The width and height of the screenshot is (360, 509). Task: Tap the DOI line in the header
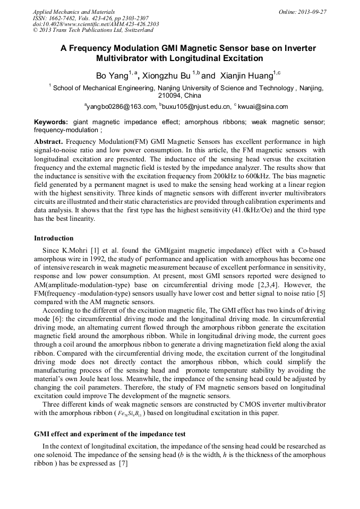coord(96,24)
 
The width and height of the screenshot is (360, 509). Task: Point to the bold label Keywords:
coord(51,122)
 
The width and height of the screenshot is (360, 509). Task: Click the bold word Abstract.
coord(48,143)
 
